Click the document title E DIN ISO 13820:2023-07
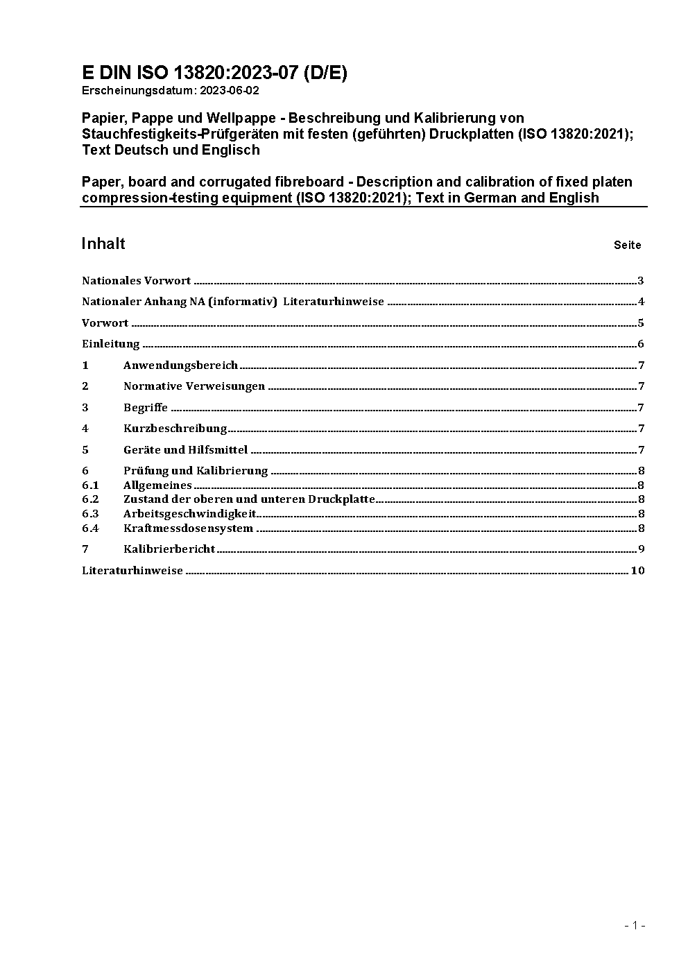214,74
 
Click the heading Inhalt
103,243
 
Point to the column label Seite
627,245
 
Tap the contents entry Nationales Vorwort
136,281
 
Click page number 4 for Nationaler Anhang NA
641,302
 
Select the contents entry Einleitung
111,344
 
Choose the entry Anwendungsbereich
180,365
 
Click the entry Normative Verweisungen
194,386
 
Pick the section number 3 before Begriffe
85,408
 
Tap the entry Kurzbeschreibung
175,429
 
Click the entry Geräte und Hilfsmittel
185,450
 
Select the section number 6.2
90,499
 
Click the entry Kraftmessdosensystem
188,528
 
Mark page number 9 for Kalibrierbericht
641,549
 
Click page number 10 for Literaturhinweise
638,571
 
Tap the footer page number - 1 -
635,925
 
